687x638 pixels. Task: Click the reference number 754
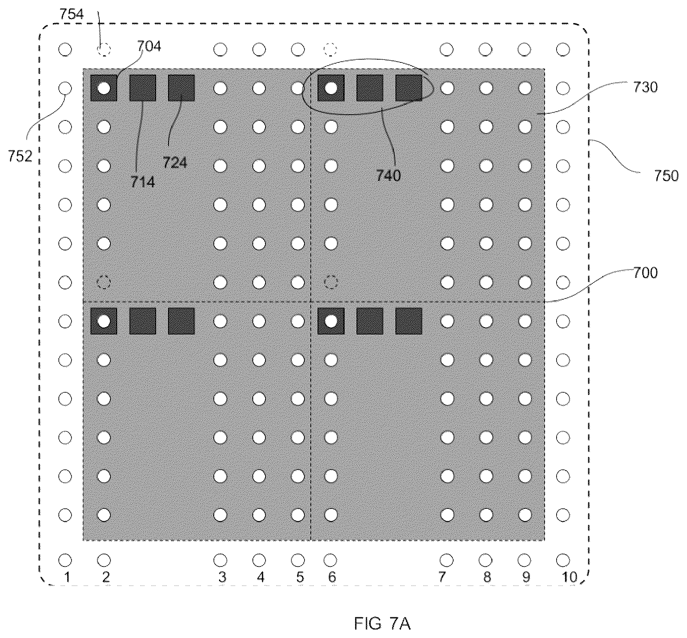click(x=72, y=14)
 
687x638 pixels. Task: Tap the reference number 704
click(x=149, y=46)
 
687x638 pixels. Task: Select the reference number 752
click(x=20, y=156)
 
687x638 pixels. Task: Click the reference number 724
click(x=175, y=162)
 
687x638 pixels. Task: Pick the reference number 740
click(x=388, y=175)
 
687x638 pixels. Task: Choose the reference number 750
click(x=666, y=176)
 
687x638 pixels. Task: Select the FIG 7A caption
click(x=382, y=624)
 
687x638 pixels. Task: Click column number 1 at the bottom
click(x=67, y=577)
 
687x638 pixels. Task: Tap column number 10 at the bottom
click(x=570, y=577)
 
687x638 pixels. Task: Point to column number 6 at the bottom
click(x=332, y=577)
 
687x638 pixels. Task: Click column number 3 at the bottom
click(x=222, y=577)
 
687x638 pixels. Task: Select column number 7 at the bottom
click(x=442, y=577)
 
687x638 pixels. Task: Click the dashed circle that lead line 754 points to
click(x=104, y=50)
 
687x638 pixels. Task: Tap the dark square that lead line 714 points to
click(x=143, y=88)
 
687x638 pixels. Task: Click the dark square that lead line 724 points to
click(x=181, y=88)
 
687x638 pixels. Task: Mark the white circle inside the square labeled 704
click(x=104, y=88)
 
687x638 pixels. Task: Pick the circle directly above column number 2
click(x=104, y=560)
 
